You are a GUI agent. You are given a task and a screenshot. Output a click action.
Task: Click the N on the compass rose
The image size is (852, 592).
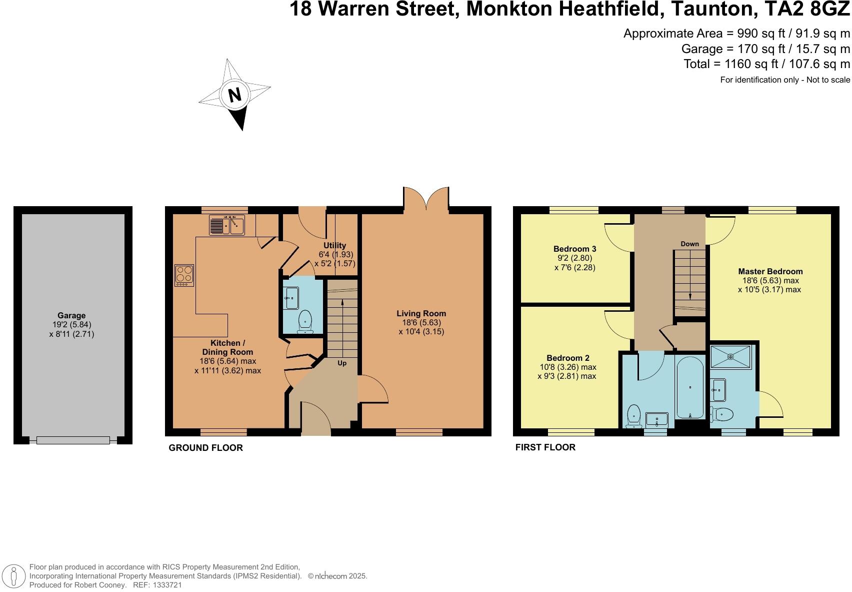(x=234, y=95)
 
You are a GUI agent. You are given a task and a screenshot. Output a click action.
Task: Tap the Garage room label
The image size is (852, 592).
(x=71, y=316)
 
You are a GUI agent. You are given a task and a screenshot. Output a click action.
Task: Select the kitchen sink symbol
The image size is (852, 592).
(x=226, y=225)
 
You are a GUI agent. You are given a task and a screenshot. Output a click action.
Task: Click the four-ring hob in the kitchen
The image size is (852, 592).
(x=184, y=275)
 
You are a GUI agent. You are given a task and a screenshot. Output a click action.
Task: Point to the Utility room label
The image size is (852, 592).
(x=334, y=245)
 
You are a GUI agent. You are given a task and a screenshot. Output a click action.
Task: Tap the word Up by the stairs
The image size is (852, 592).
(x=342, y=363)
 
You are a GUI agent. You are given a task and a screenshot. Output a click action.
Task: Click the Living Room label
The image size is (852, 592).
(x=421, y=313)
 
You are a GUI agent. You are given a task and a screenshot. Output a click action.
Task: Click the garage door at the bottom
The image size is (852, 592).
(x=73, y=440)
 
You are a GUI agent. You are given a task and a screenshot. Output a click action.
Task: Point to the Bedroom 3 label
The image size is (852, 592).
(x=574, y=249)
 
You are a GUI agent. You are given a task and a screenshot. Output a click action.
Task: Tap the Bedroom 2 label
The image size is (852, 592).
(x=567, y=358)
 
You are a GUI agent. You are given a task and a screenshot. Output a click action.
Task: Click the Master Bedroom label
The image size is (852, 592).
(x=770, y=272)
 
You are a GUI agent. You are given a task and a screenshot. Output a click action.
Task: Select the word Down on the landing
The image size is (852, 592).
(x=689, y=244)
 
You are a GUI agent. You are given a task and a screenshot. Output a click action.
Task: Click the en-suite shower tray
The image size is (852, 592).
(x=730, y=356)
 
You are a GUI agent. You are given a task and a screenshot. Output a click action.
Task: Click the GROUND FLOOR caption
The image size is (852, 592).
(x=205, y=448)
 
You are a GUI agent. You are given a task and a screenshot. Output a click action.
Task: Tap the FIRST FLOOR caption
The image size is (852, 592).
(x=545, y=447)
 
